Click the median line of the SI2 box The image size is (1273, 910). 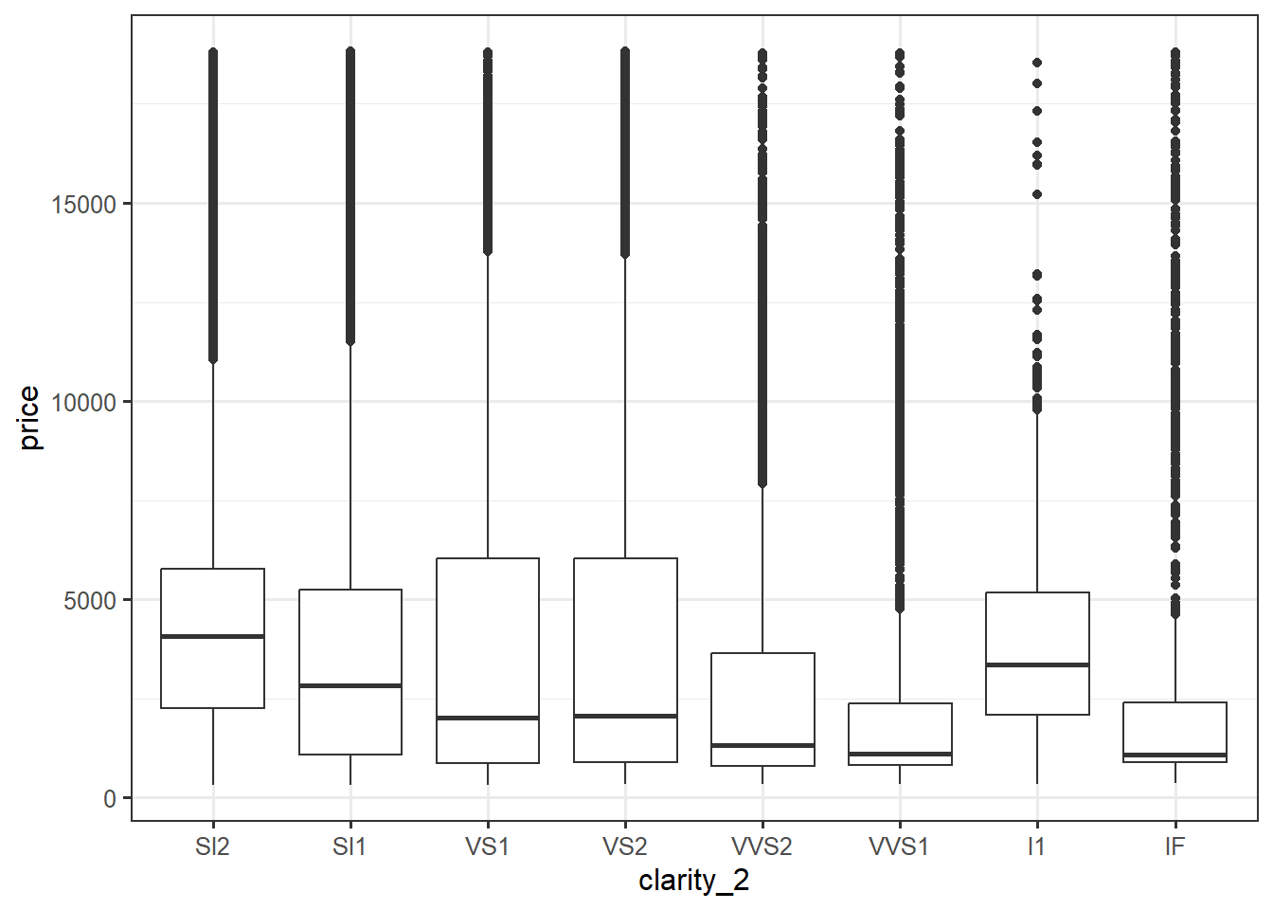click(x=212, y=636)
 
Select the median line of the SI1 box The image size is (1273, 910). click(x=350, y=685)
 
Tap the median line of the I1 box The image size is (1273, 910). click(x=1037, y=664)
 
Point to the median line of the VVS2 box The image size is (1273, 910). click(x=762, y=745)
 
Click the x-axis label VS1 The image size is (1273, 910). click(x=487, y=846)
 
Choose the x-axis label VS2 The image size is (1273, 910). click(x=625, y=846)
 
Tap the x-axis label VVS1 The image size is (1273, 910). click(x=899, y=846)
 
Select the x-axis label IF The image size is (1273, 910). click(x=1174, y=846)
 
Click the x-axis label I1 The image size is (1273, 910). click(x=1037, y=846)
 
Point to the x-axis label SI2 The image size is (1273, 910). click(x=212, y=846)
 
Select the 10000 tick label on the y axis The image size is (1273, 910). click(x=84, y=402)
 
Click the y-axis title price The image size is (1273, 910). click(x=30, y=418)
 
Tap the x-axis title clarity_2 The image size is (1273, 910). click(x=693, y=881)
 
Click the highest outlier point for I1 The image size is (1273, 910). click(x=1037, y=63)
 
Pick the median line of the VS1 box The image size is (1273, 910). click(x=487, y=718)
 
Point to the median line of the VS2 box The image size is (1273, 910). click(x=625, y=716)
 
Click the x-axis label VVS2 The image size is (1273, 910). click(x=762, y=846)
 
